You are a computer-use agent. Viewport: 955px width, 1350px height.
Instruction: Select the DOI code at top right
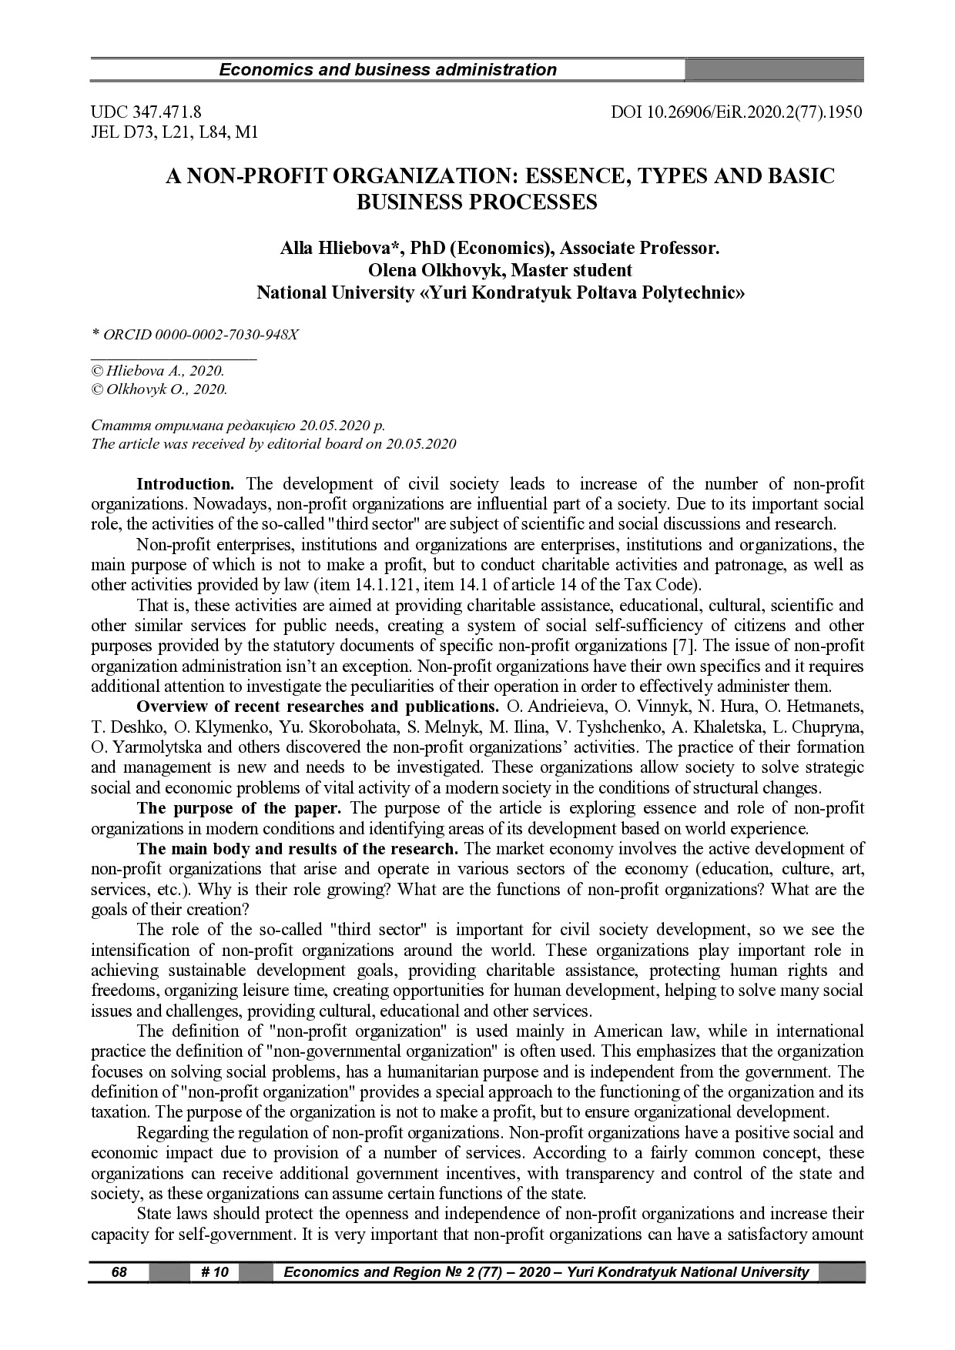tap(736, 112)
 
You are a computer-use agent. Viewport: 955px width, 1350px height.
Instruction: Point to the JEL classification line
tap(174, 132)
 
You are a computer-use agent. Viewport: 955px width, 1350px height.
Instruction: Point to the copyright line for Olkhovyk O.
tap(159, 389)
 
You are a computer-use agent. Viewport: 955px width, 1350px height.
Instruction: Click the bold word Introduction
tap(185, 484)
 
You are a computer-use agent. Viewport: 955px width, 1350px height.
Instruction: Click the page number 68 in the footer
tap(119, 1271)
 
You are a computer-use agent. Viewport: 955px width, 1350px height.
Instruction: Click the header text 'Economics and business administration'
tap(387, 70)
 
